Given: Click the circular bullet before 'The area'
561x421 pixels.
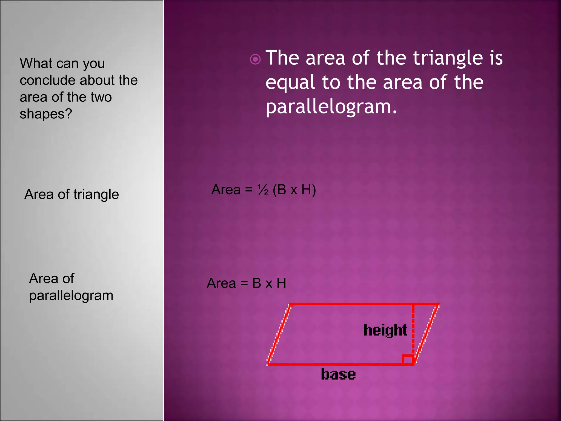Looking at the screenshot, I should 255,59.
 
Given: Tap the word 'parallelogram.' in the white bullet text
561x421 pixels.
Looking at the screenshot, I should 331,107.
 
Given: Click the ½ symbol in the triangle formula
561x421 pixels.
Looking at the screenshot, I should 263,190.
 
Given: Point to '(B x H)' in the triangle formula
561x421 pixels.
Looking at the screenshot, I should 294,190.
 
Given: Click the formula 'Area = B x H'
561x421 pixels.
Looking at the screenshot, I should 246,283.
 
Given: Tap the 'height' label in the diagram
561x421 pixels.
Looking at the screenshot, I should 385,330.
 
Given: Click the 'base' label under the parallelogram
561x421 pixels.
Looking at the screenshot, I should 338,374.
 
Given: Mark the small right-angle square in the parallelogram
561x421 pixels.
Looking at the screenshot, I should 408,360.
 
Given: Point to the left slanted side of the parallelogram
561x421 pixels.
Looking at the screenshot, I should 279,334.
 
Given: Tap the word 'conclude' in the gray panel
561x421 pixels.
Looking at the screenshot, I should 47,80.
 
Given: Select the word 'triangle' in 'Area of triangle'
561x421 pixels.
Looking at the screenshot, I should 96,195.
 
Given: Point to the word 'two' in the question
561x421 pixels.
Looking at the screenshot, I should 101,97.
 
